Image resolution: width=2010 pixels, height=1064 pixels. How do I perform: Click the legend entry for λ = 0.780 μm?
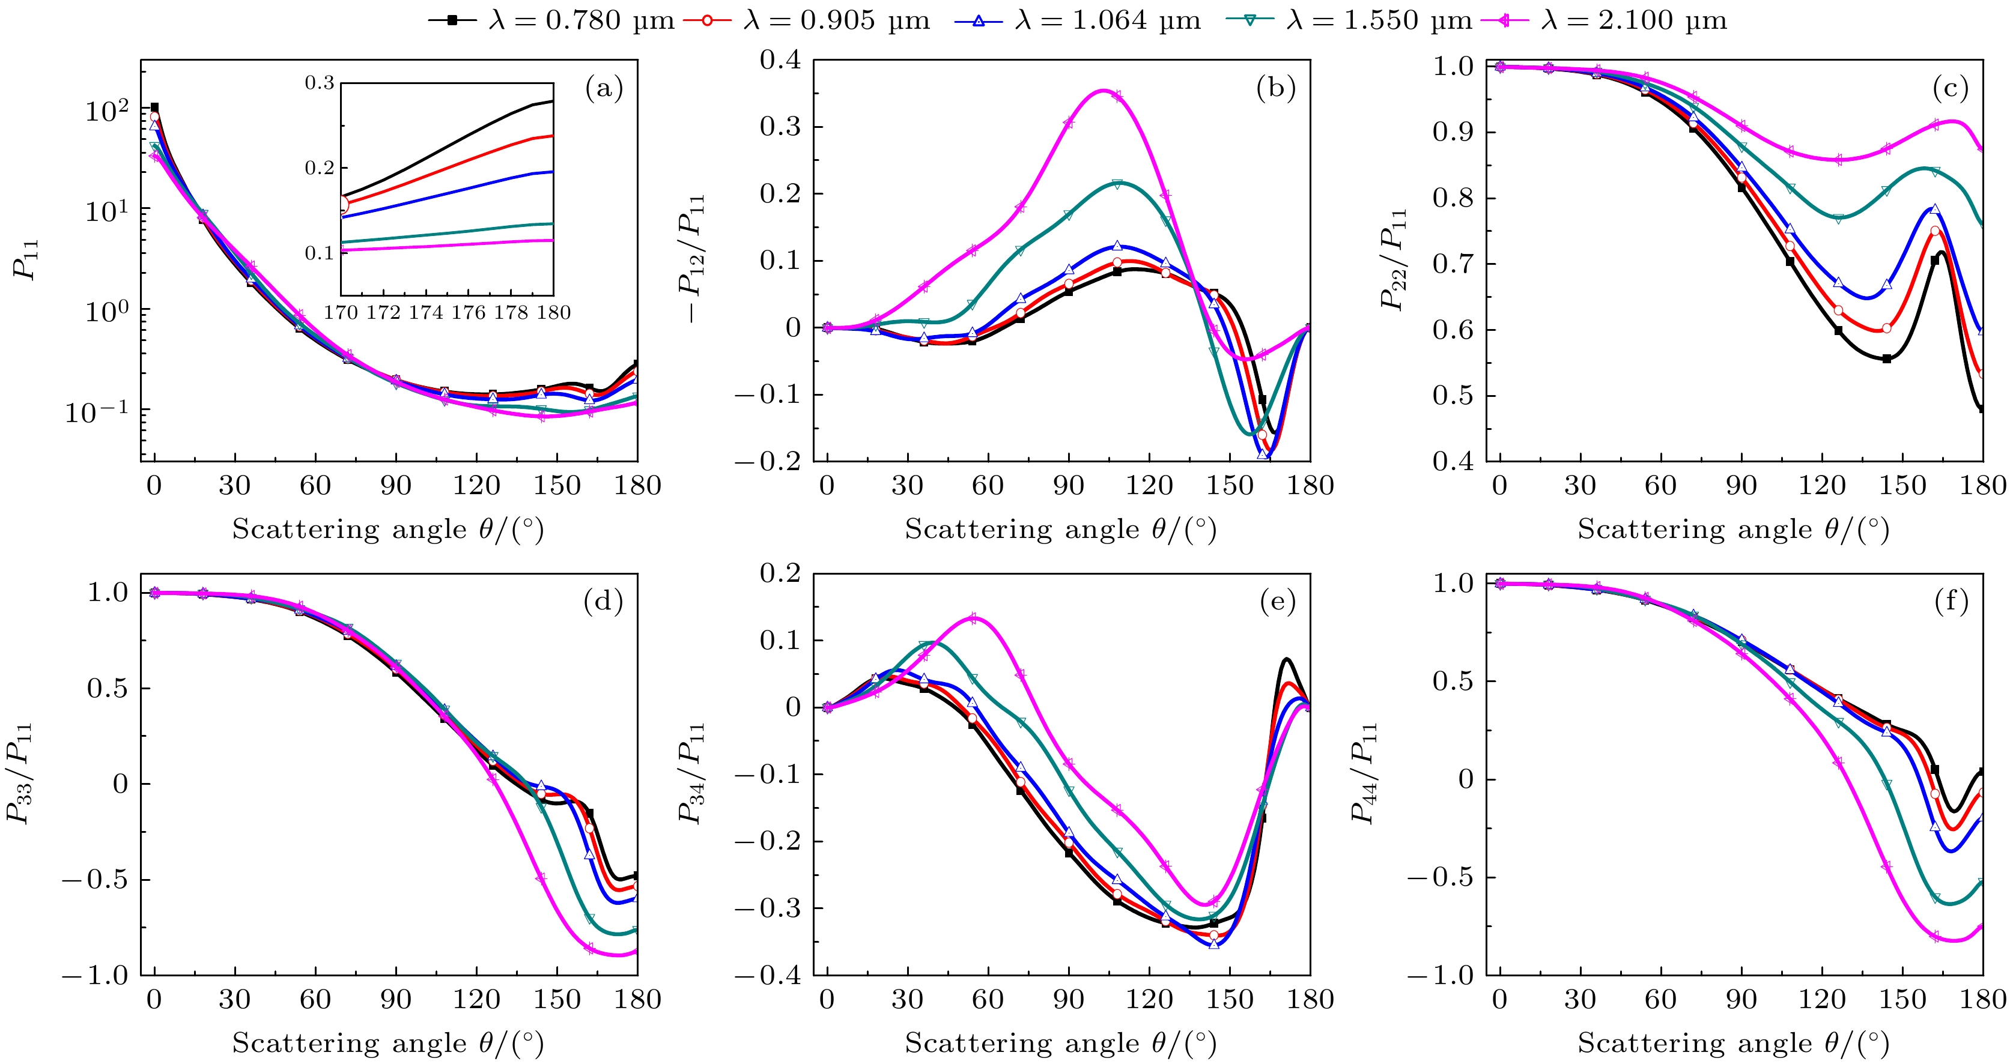pos(550,20)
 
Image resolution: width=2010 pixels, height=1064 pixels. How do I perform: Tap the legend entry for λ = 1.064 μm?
pos(1076,20)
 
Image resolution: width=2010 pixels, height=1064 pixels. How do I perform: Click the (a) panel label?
pos(604,89)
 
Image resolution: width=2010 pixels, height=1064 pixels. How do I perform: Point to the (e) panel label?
pos(1277,602)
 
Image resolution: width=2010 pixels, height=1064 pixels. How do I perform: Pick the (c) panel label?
pos(1950,89)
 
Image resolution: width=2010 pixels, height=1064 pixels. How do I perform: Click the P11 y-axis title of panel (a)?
pos(25,260)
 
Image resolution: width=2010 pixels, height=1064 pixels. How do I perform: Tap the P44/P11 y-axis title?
pos(1364,772)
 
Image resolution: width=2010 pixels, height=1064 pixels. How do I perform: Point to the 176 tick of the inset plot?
pos(468,313)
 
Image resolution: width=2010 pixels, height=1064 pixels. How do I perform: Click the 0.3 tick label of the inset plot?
pos(319,83)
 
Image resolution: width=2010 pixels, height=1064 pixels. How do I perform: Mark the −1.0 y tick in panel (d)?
pos(94,975)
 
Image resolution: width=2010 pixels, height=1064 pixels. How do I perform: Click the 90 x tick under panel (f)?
pos(1741,999)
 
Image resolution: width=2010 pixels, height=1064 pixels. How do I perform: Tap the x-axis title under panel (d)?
pos(388,1043)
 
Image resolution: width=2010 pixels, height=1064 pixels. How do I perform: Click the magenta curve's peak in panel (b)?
pos(1102,91)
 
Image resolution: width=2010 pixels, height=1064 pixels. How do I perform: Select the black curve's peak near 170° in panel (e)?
pos(1286,659)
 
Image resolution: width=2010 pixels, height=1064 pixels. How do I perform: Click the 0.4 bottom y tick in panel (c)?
pos(1454,462)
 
